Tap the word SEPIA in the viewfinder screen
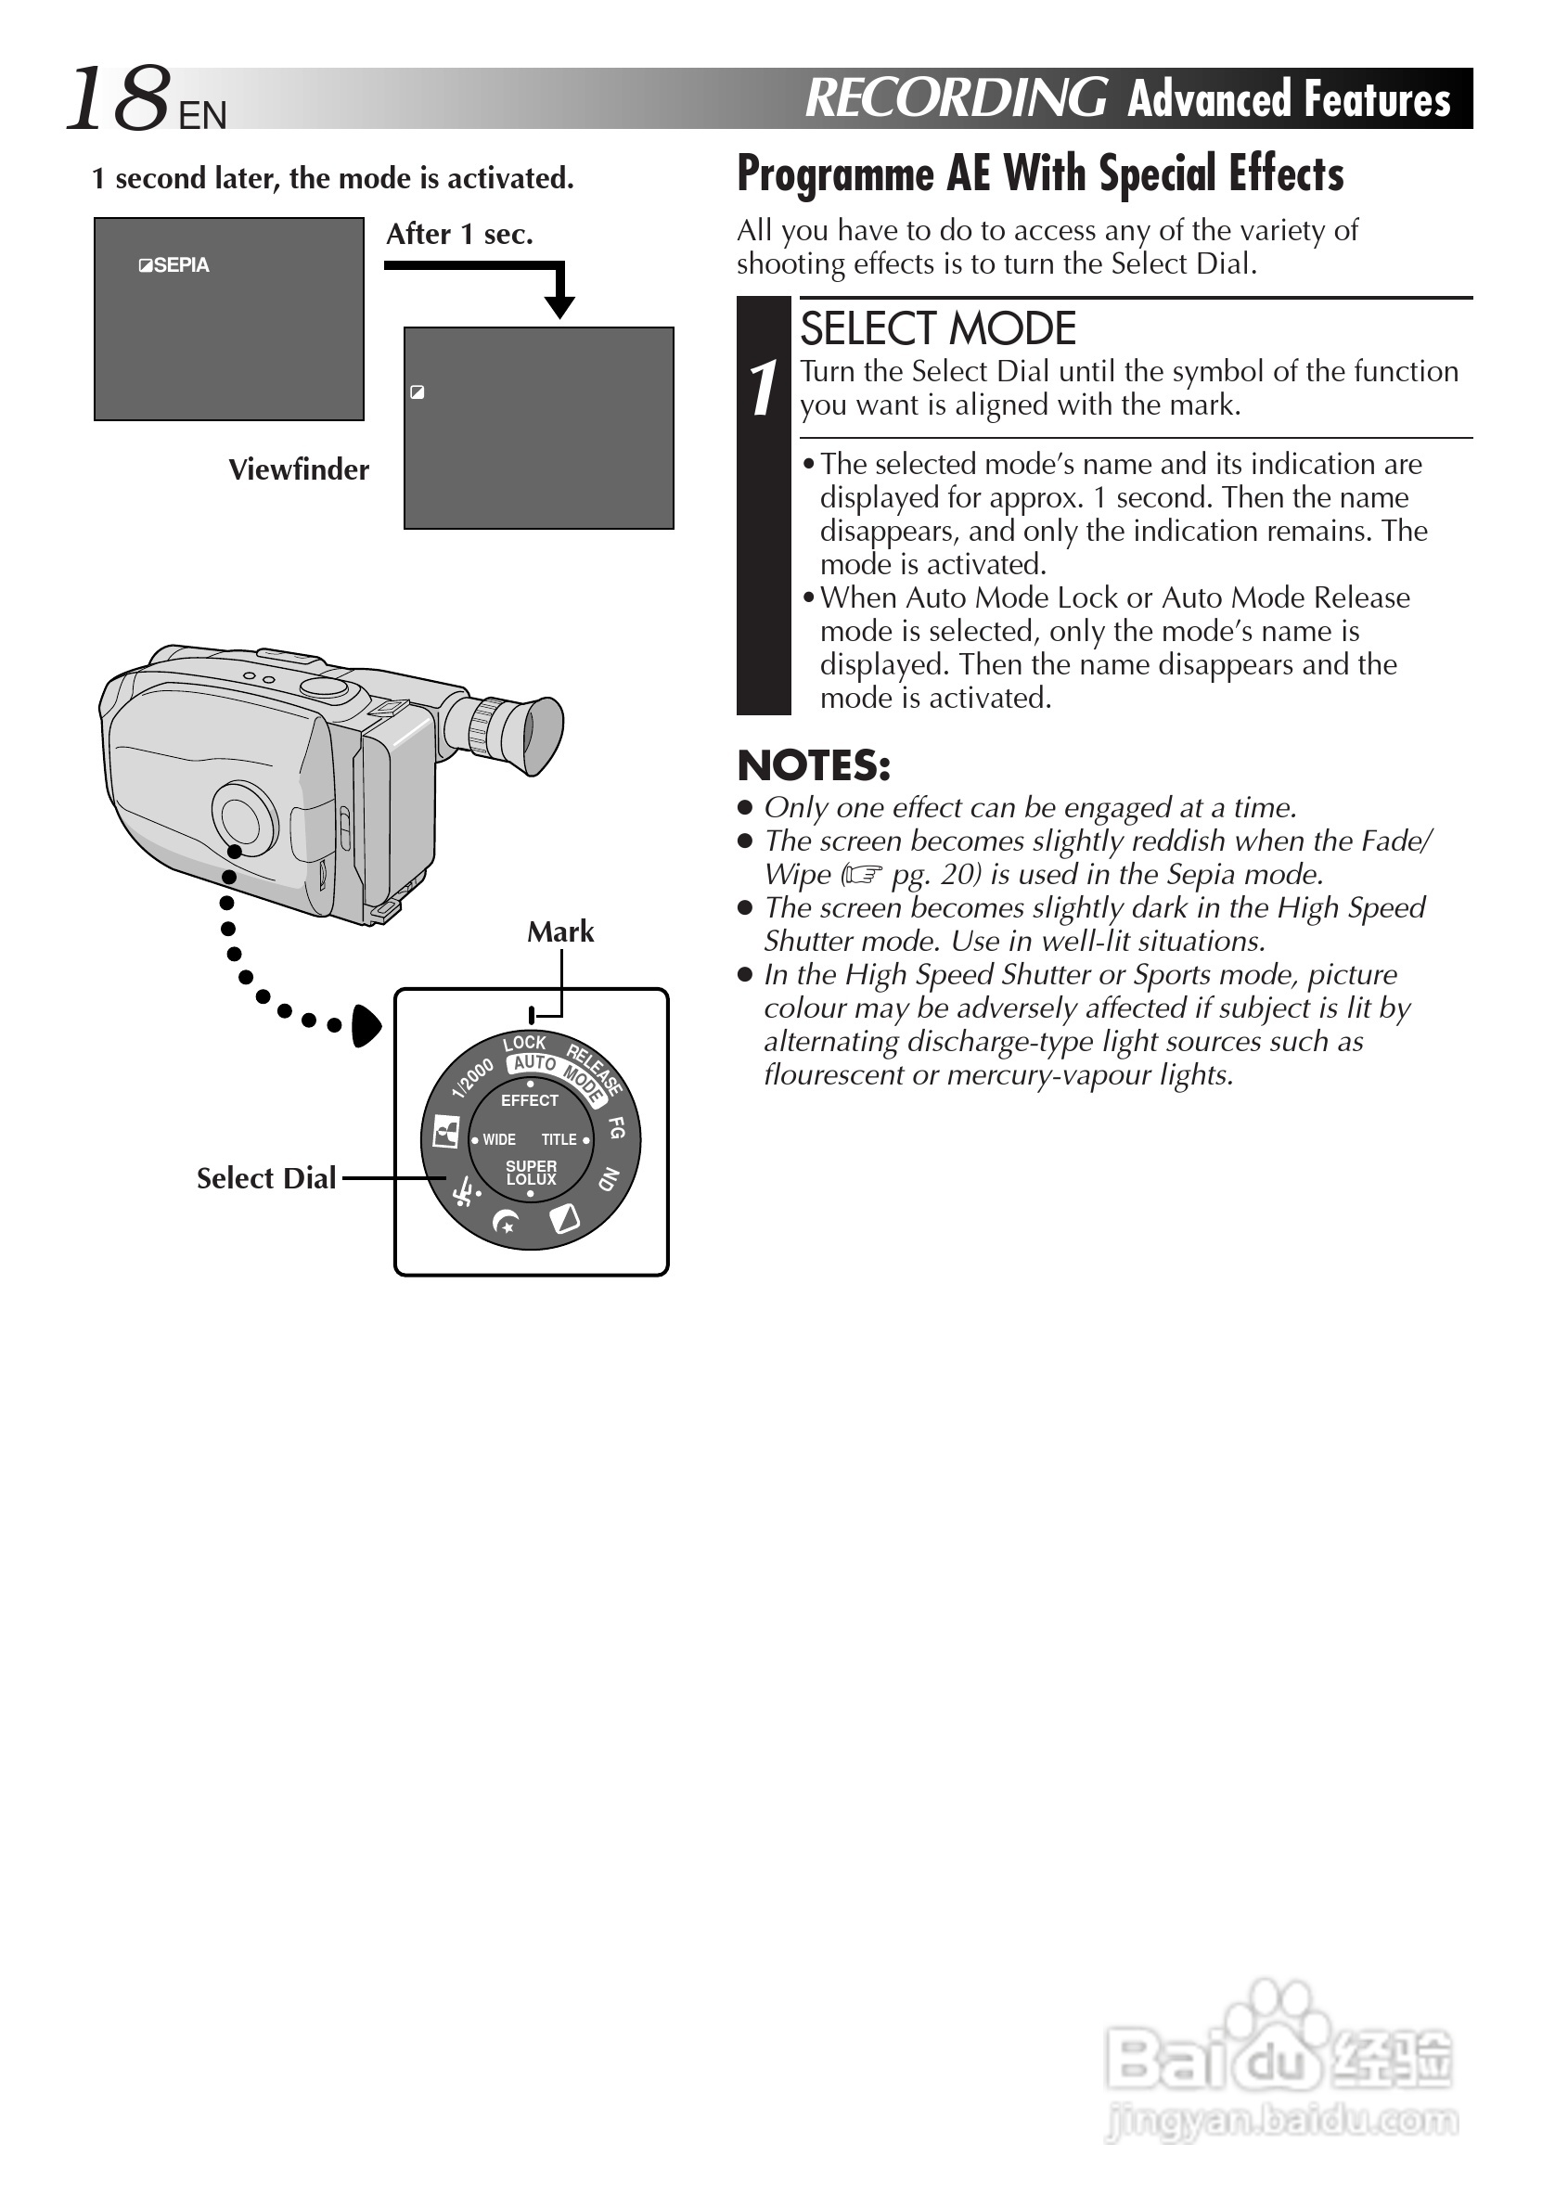click(x=181, y=265)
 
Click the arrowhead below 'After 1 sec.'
click(x=559, y=307)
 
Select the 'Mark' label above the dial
click(x=559, y=931)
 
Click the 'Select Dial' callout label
click(x=266, y=1178)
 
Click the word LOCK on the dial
click(x=524, y=1044)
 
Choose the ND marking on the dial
click(x=609, y=1178)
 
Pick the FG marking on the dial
click(x=616, y=1127)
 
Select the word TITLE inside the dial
click(x=559, y=1139)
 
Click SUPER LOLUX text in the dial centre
click(x=531, y=1173)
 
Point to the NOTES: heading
click(x=814, y=766)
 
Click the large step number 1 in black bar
click(x=764, y=390)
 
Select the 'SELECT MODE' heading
click(x=938, y=330)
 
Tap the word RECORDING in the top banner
click(x=955, y=98)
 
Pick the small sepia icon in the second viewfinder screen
click(x=418, y=392)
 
